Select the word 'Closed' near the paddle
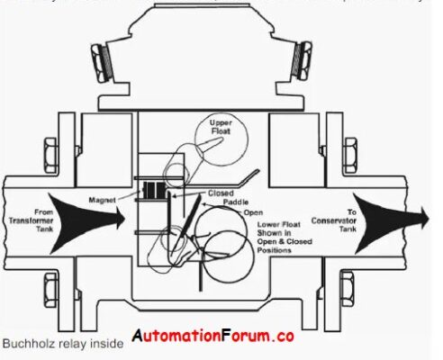(221, 193)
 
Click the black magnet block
(154, 191)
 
